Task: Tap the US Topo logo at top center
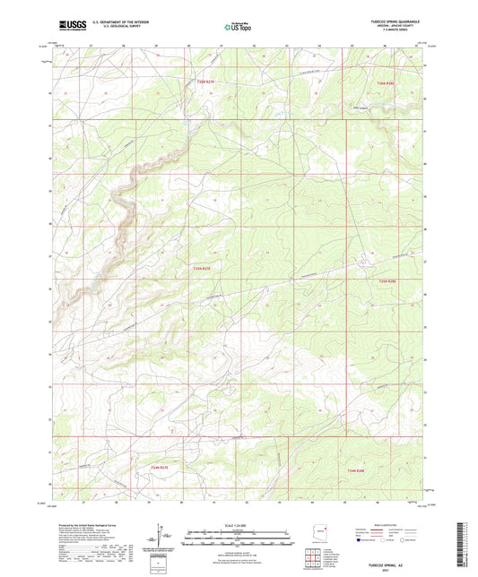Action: (238, 29)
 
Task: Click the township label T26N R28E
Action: (385, 82)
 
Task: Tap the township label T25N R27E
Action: (202, 267)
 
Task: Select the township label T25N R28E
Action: (386, 280)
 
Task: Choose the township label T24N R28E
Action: (357, 469)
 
